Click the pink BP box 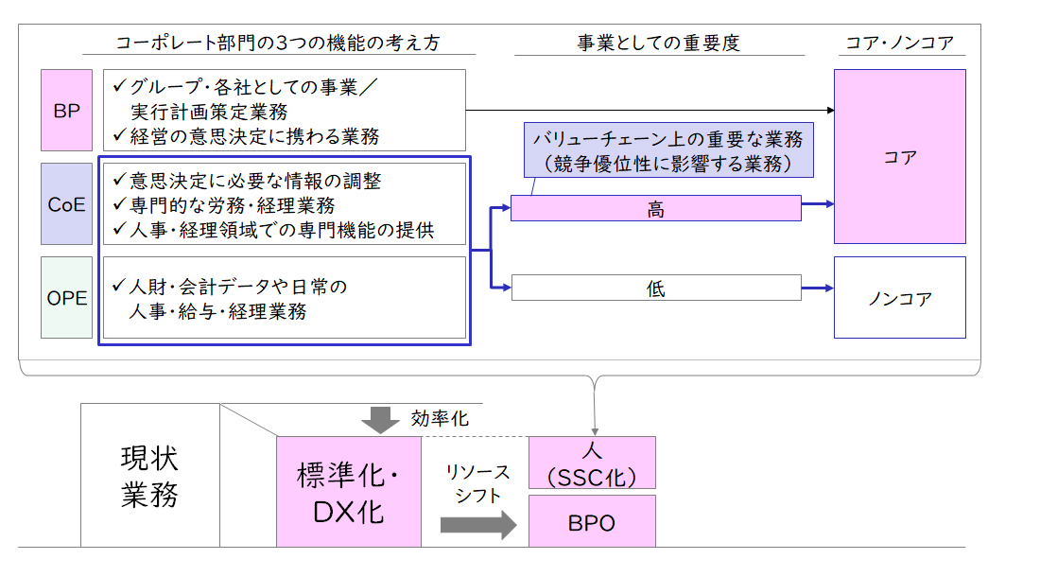pyautogui.click(x=66, y=110)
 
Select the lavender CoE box pyautogui.click(x=66, y=203)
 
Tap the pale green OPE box pyautogui.click(x=66, y=298)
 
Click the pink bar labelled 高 pyautogui.click(x=656, y=208)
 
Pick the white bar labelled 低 pyautogui.click(x=656, y=288)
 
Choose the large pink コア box pyautogui.click(x=899, y=156)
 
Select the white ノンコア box pyautogui.click(x=899, y=298)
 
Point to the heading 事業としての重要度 pyautogui.click(x=659, y=44)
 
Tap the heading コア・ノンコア pyautogui.click(x=899, y=44)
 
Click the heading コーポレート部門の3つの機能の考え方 pyautogui.click(x=278, y=44)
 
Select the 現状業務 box pyautogui.click(x=150, y=476)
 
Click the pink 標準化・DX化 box pyautogui.click(x=349, y=492)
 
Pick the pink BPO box pyautogui.click(x=592, y=521)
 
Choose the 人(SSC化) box pyautogui.click(x=592, y=463)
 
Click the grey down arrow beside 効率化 pyautogui.click(x=380, y=420)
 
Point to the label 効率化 pyautogui.click(x=440, y=418)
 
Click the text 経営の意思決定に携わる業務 pyautogui.click(x=254, y=136)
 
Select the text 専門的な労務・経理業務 pyautogui.click(x=233, y=205)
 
